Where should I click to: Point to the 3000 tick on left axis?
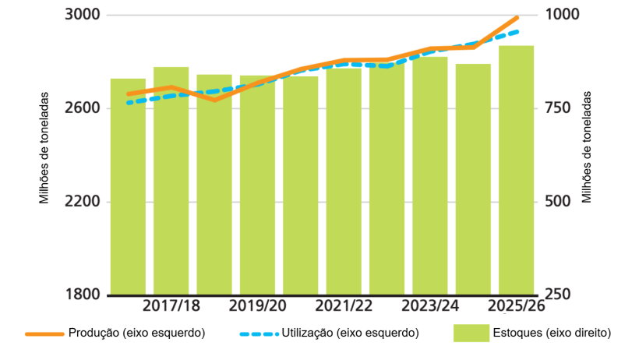tap(81, 15)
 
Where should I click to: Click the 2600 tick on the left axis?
tap(81, 108)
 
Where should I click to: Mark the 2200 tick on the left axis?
tap(81, 202)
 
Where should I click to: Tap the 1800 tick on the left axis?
tap(81, 295)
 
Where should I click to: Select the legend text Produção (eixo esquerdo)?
tap(136, 333)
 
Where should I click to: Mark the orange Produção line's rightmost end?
tap(517, 17)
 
